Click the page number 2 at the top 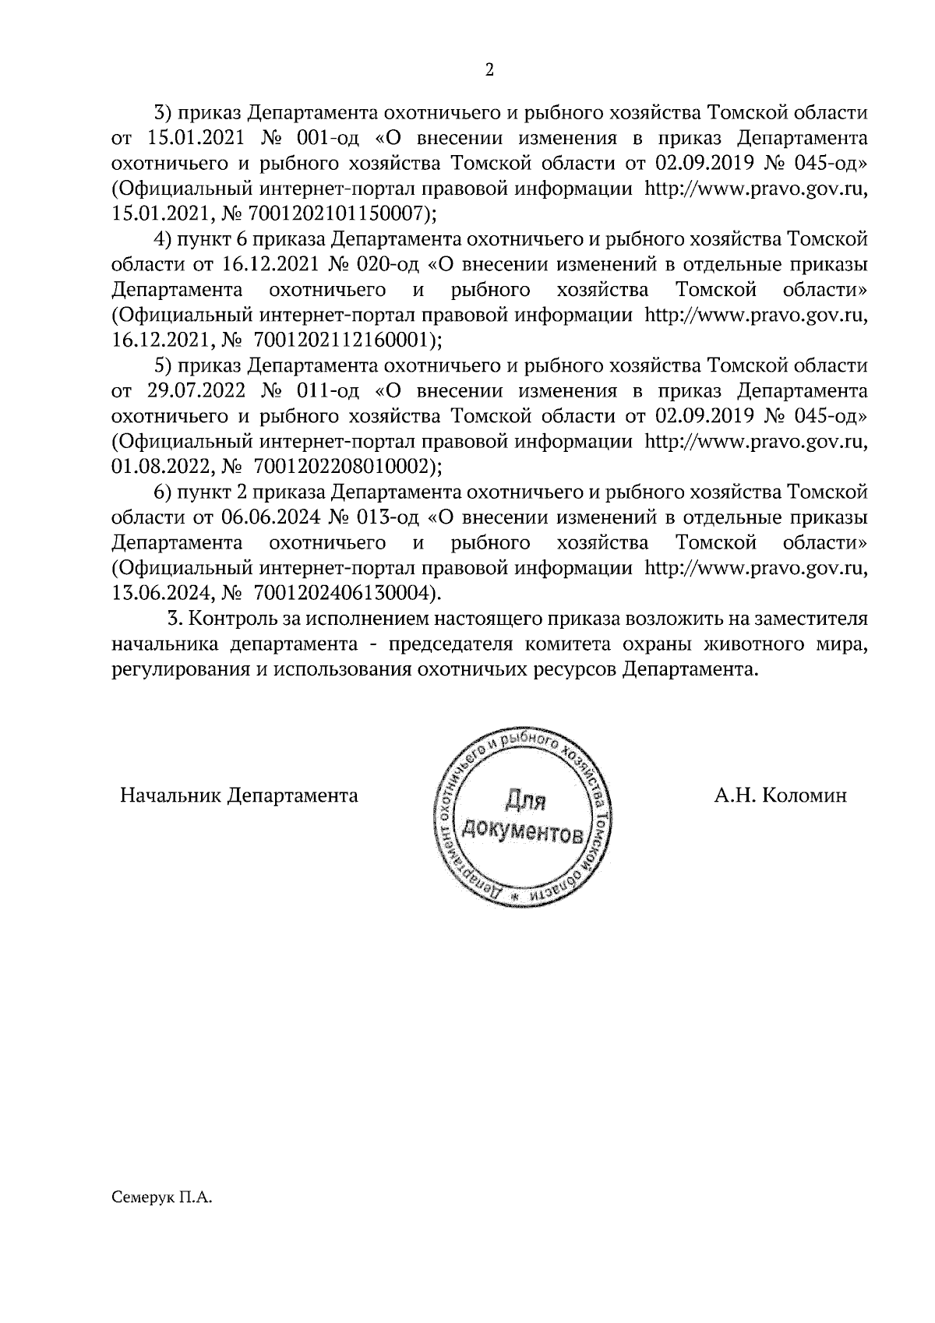click(489, 70)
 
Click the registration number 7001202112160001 click(340, 340)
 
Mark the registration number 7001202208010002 click(340, 466)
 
